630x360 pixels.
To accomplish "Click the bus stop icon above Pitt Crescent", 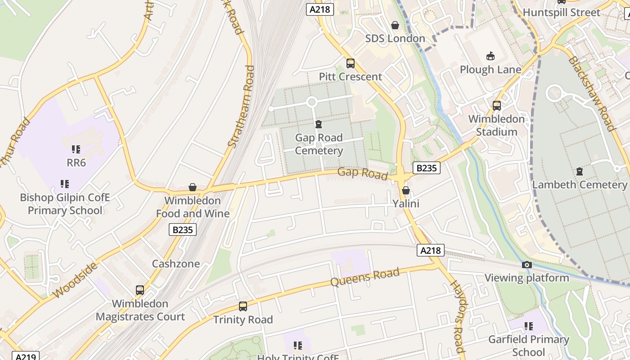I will coord(350,63).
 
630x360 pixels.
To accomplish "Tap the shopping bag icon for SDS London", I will coord(395,25).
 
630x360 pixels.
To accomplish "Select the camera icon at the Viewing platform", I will coord(526,265).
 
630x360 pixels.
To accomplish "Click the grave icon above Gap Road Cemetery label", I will coord(319,124).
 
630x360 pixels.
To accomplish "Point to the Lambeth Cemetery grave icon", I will coord(579,171).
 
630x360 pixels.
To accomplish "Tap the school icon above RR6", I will coord(76,149).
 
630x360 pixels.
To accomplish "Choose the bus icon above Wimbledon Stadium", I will coord(497,106).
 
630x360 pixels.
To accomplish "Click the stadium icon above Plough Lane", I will coord(490,56).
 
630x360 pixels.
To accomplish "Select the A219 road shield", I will coord(25,356).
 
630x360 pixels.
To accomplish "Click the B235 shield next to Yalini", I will coord(426,168).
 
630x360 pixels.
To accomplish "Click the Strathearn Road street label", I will coord(241,107).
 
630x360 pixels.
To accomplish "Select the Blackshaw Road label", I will coord(591,94).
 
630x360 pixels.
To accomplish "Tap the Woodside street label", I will coord(75,280).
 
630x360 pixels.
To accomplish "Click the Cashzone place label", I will coord(176,264).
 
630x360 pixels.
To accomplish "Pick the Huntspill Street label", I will coord(562,13).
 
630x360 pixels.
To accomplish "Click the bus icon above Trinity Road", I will coord(243,306).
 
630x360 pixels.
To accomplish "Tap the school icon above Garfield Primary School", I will coord(528,326).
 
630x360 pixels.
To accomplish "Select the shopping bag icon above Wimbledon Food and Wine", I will coord(193,187).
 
